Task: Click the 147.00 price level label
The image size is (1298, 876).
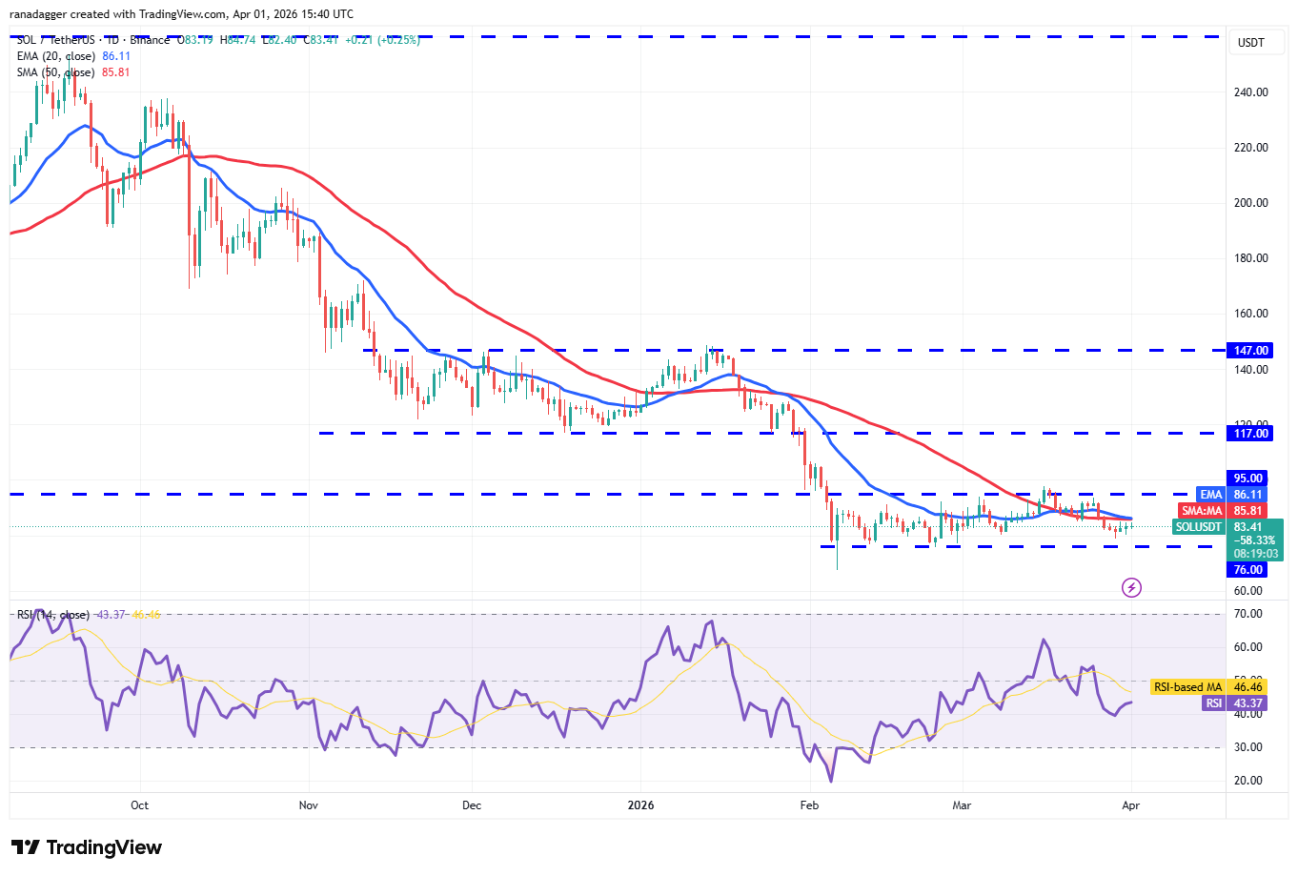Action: (x=1250, y=351)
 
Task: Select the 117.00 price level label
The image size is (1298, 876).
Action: (x=1250, y=434)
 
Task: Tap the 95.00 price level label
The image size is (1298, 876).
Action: (x=1247, y=479)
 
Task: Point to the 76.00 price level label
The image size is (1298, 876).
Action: (x=1247, y=570)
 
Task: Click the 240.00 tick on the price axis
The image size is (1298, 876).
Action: (x=1250, y=92)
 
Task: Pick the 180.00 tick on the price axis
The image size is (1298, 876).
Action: (x=1250, y=258)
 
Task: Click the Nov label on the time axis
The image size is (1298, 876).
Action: (x=309, y=805)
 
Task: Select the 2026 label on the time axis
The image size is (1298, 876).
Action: (x=641, y=805)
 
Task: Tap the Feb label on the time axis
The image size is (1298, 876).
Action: (x=809, y=805)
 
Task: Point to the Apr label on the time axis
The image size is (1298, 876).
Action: (x=1131, y=805)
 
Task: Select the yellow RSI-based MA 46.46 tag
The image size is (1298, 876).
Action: (x=1207, y=687)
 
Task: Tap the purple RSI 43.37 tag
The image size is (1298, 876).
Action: (x=1234, y=703)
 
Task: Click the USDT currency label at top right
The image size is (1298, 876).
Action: (x=1250, y=43)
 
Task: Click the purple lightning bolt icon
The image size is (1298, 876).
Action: (x=1131, y=587)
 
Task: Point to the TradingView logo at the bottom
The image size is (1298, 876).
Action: (x=87, y=847)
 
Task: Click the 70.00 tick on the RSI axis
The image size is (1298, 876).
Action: (x=1247, y=615)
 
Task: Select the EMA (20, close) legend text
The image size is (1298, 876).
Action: (x=56, y=56)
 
